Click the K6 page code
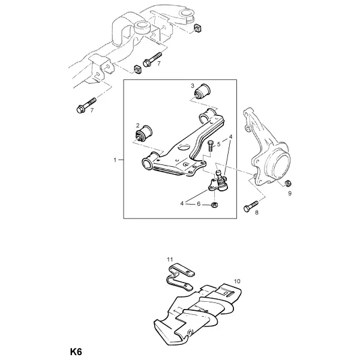click(76, 352)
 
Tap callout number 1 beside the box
click(115, 160)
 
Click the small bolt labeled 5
click(211, 146)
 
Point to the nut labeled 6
click(215, 205)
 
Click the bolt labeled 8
click(251, 206)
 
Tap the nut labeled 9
click(287, 183)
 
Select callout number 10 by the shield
click(237, 281)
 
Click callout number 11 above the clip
click(170, 259)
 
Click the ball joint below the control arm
click(218, 182)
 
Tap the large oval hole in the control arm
click(185, 147)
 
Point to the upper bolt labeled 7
click(152, 59)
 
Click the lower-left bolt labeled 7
click(86, 106)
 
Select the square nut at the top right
click(197, 28)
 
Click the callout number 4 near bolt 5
click(231, 137)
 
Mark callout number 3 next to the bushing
click(193, 86)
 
